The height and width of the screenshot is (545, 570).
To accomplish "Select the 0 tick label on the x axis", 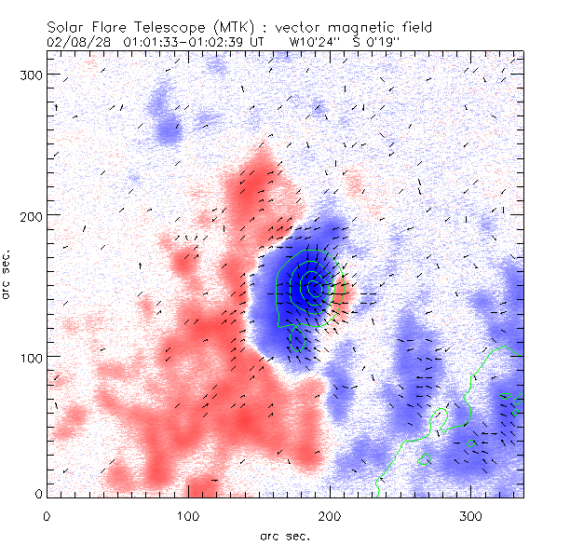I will point(47,515).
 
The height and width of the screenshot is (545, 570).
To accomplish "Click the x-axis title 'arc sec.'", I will point(284,535).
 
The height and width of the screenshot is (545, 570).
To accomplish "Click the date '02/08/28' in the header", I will point(75,42).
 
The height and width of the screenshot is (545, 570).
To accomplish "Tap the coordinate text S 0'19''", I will point(373,42).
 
